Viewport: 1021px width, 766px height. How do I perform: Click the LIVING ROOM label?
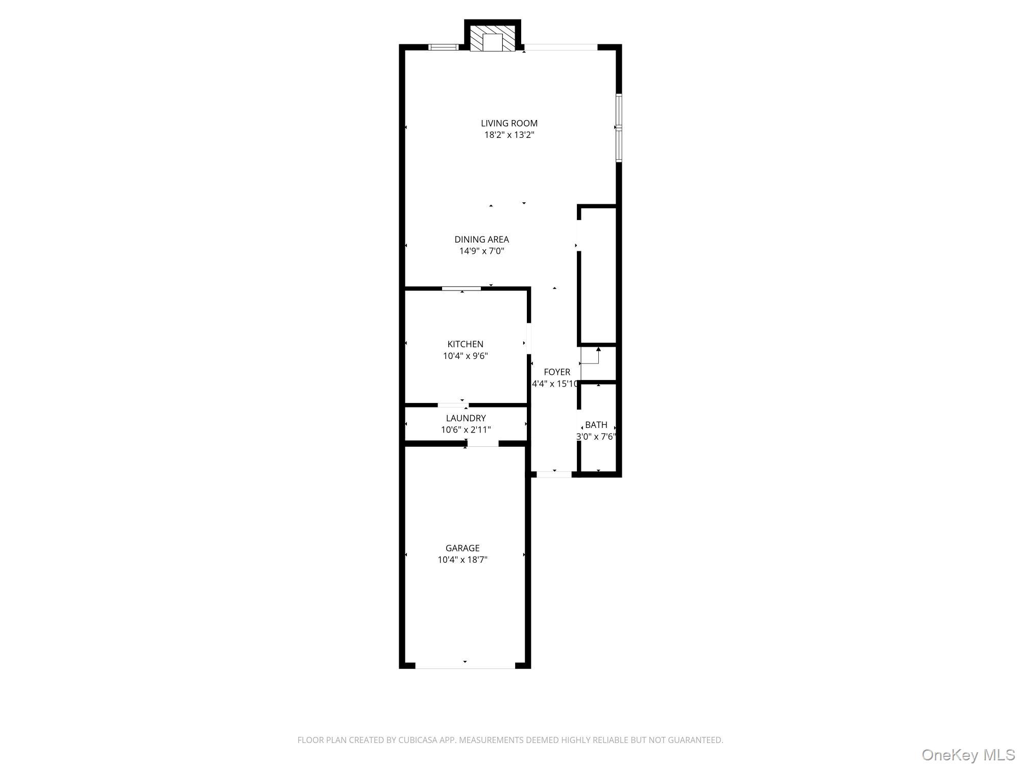509,123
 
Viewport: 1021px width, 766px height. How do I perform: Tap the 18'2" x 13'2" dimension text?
509,135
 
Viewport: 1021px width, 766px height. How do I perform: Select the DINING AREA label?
481,239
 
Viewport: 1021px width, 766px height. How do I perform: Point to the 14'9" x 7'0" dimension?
481,251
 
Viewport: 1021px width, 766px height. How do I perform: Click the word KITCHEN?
465,344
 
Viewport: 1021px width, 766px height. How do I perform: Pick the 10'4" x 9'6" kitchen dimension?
465,356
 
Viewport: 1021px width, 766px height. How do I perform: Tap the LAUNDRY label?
466,418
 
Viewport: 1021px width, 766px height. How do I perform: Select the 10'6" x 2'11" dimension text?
466,430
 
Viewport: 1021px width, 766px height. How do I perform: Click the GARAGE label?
463,548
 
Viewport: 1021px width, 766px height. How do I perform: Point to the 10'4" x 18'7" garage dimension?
463,560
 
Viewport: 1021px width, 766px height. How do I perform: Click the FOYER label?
556,372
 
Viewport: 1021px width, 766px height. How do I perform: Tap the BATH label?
596,425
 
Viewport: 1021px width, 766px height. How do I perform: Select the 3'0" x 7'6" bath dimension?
596,437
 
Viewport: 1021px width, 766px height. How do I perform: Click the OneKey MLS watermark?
968,755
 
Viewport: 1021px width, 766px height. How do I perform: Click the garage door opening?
465,665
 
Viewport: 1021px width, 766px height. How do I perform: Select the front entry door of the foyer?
554,474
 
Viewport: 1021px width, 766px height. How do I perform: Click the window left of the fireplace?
443,47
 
